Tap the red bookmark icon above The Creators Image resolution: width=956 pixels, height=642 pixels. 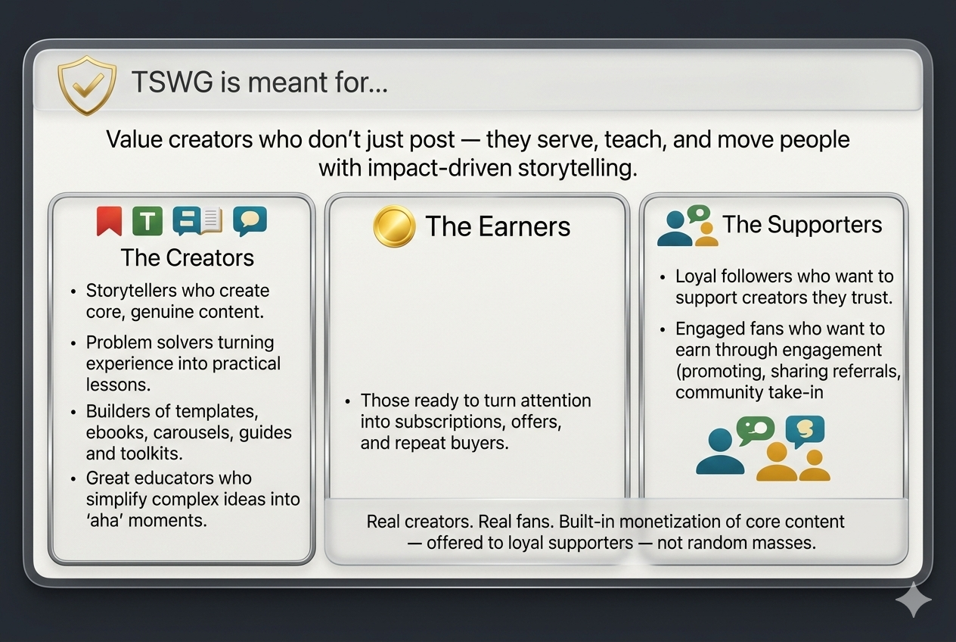click(109, 221)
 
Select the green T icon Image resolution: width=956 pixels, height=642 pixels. click(147, 221)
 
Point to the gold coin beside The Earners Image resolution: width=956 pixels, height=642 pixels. click(394, 226)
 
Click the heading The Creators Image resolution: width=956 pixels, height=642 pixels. click(188, 257)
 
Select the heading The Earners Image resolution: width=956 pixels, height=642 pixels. click(497, 226)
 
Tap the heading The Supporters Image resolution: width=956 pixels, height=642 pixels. click(802, 225)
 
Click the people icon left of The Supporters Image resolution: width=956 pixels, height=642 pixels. click(686, 226)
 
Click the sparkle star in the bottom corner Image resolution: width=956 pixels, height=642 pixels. click(913, 600)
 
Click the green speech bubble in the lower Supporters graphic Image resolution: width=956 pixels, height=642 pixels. click(756, 430)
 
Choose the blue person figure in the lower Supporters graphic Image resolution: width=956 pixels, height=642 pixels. click(715, 453)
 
